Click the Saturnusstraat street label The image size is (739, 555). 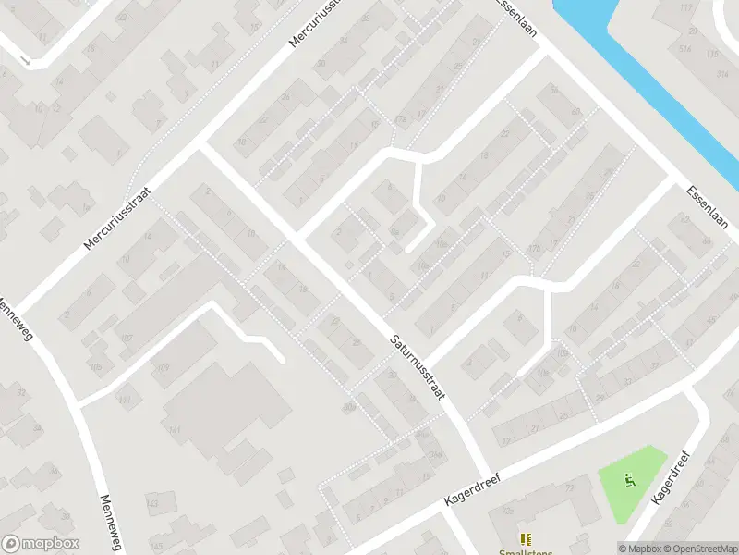click(x=417, y=367)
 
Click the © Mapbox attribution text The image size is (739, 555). click(x=640, y=549)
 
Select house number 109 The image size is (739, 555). click(x=164, y=369)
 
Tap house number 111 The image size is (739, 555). click(x=126, y=399)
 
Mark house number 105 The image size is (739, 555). click(x=97, y=367)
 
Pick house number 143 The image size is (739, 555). click(x=153, y=503)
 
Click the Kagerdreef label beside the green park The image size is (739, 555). click(x=672, y=477)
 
